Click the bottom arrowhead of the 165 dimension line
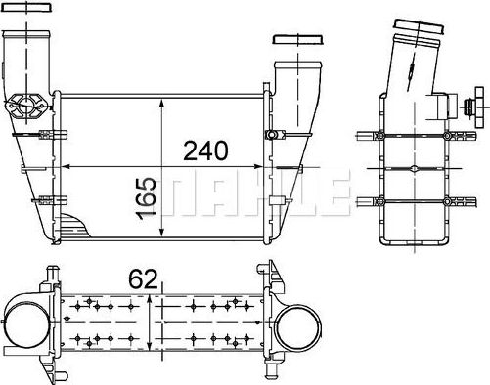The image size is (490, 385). [161, 237]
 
